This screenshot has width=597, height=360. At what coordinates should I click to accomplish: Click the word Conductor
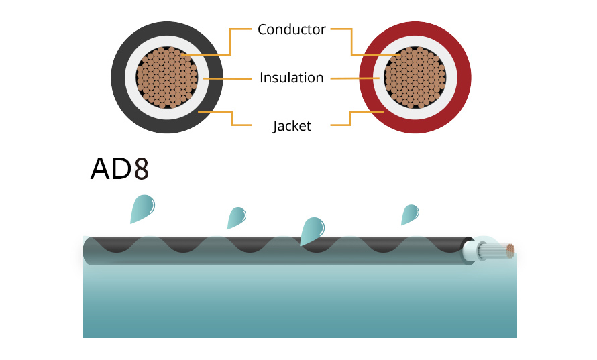tap(292, 29)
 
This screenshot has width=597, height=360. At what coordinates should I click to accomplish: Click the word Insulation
tap(292, 78)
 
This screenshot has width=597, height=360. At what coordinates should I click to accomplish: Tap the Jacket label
tap(292, 126)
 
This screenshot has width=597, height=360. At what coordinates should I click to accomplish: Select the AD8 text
tap(119, 170)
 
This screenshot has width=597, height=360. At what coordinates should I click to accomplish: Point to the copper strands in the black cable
tap(167, 77)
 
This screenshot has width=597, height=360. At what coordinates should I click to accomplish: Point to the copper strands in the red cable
tap(415, 77)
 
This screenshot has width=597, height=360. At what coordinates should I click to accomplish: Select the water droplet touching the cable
tap(312, 231)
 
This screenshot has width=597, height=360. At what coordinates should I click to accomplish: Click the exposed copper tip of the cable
tap(510, 251)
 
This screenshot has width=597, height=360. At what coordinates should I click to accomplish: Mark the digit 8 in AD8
tap(140, 170)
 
